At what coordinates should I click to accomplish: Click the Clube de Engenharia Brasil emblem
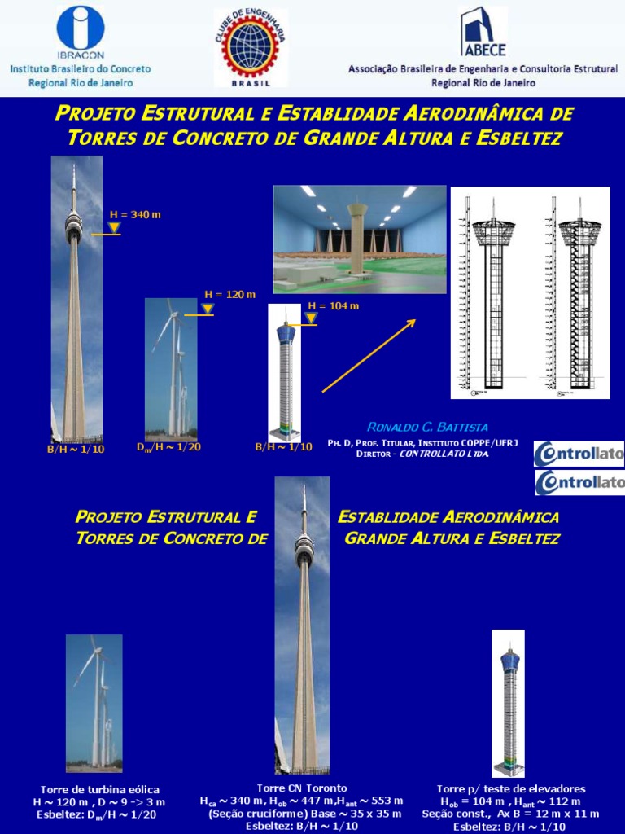pyautogui.click(x=250, y=47)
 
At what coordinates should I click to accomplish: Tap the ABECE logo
pyautogui.click(x=483, y=33)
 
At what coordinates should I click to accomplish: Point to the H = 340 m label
pyautogui.click(x=135, y=214)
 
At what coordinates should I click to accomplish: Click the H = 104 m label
pyautogui.click(x=333, y=306)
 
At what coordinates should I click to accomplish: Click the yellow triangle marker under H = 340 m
pyautogui.click(x=115, y=227)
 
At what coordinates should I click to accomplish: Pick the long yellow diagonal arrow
pyautogui.click(x=369, y=356)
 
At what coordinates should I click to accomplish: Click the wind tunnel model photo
pyautogui.click(x=359, y=239)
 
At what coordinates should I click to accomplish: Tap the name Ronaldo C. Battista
pyautogui.click(x=428, y=427)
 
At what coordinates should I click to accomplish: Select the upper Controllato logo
pyautogui.click(x=579, y=454)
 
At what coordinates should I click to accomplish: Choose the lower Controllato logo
pyautogui.click(x=579, y=482)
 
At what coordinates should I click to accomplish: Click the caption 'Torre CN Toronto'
pyautogui.click(x=302, y=788)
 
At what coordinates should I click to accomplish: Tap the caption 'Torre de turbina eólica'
pyautogui.click(x=100, y=789)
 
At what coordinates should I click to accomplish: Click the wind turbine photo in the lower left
pyautogui.click(x=94, y=703)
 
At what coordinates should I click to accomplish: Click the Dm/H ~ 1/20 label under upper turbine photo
pyautogui.click(x=168, y=447)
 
